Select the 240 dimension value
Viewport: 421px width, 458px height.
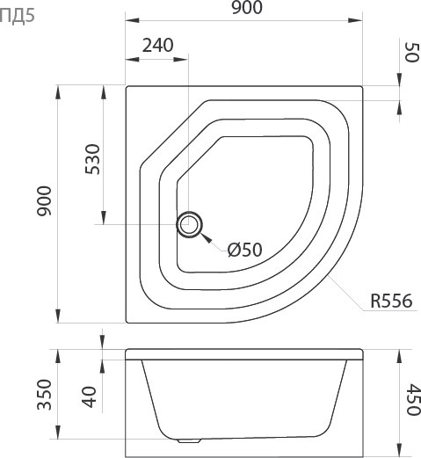(156, 45)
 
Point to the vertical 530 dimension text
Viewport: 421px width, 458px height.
(95, 159)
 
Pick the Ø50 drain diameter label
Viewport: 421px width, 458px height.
(245, 250)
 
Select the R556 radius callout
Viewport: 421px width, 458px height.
(390, 302)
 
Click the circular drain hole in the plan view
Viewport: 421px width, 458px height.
(188, 225)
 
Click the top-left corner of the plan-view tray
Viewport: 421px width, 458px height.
(127, 87)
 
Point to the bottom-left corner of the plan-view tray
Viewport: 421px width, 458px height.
(127, 324)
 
